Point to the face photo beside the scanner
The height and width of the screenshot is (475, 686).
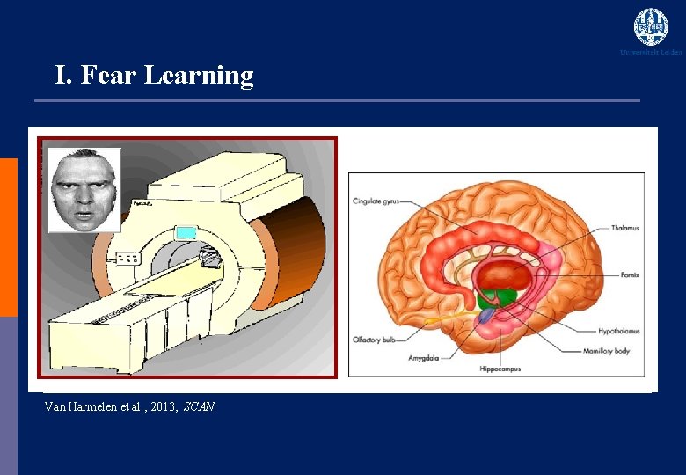tap(84, 190)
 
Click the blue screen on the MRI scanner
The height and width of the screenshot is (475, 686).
tap(186, 232)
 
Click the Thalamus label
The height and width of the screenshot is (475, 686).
tap(624, 228)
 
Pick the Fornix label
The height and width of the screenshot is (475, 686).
tap(629, 275)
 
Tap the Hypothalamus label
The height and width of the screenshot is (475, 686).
tap(618, 332)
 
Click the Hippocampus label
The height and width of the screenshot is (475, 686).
tap(500, 369)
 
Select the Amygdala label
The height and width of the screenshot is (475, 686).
tap(425, 358)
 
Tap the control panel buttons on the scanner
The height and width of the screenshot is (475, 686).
tap(129, 259)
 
